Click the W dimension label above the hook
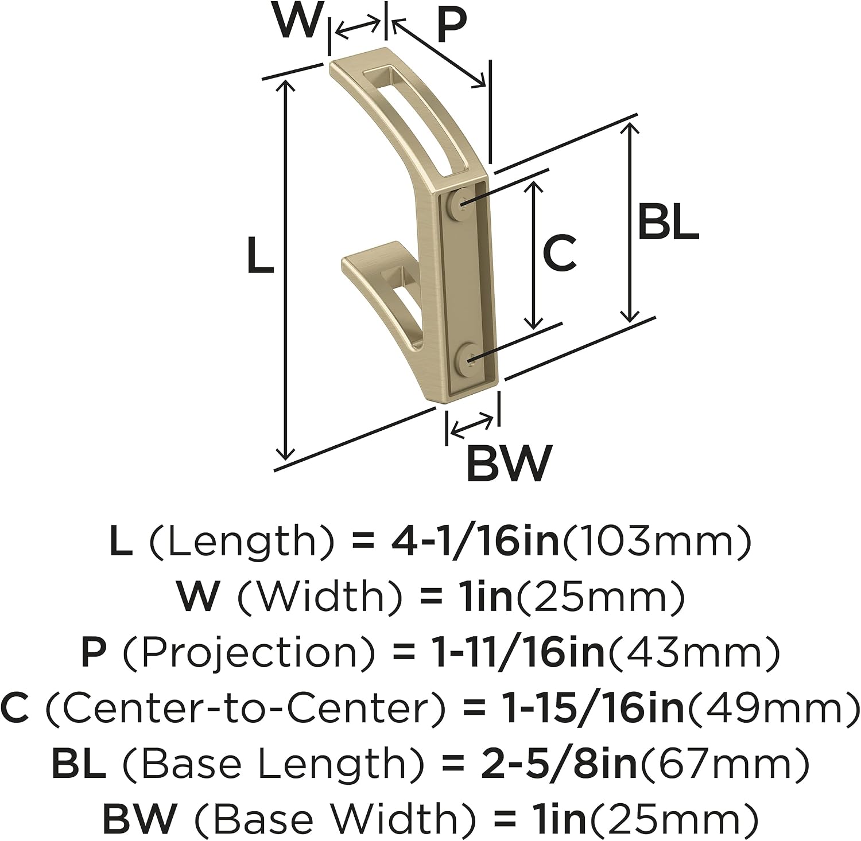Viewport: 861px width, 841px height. [297, 21]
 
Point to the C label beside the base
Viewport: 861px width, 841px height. [559, 253]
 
